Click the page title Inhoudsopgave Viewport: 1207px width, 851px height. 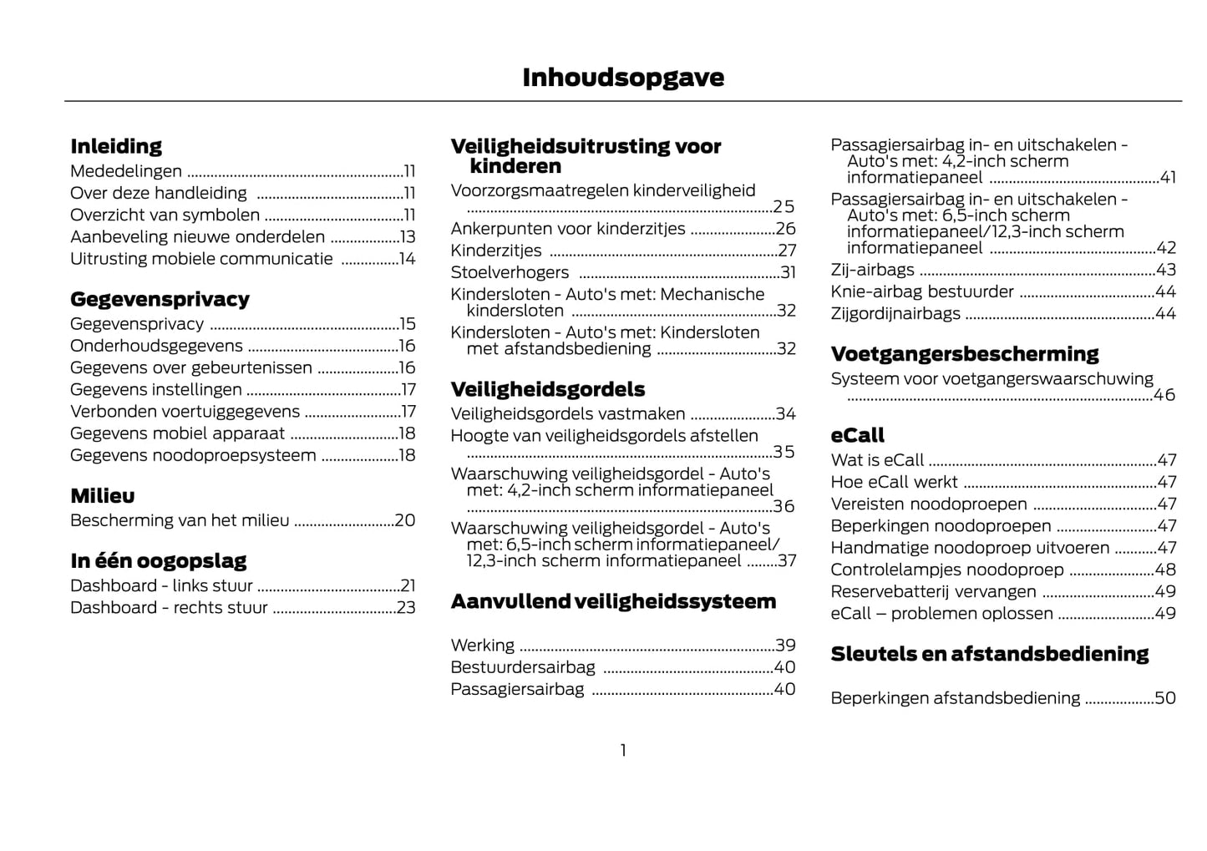(623, 78)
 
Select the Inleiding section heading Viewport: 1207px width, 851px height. (116, 146)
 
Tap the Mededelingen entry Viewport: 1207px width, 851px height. (126, 171)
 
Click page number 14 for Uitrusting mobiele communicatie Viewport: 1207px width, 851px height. (407, 259)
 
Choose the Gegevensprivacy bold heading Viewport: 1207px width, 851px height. (160, 299)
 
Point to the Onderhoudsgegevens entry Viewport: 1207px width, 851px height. (156, 346)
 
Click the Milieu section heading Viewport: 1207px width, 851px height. (103, 496)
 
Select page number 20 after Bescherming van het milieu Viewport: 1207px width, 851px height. (405, 520)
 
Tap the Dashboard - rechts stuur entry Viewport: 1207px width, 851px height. (169, 608)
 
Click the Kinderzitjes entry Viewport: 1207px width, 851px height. (496, 251)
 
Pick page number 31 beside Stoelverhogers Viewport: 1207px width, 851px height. (788, 272)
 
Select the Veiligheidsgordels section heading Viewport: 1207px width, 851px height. (548, 389)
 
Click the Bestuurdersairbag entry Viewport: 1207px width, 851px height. (523, 667)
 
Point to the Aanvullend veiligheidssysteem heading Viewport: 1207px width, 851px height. (613, 601)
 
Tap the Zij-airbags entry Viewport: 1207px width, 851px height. (872, 270)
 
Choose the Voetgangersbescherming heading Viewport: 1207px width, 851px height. (965, 354)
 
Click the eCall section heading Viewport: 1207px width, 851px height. (857, 436)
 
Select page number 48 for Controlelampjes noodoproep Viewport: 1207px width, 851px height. (1165, 570)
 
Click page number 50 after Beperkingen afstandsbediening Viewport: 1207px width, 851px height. (1165, 698)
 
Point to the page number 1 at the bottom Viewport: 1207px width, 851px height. (623, 751)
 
